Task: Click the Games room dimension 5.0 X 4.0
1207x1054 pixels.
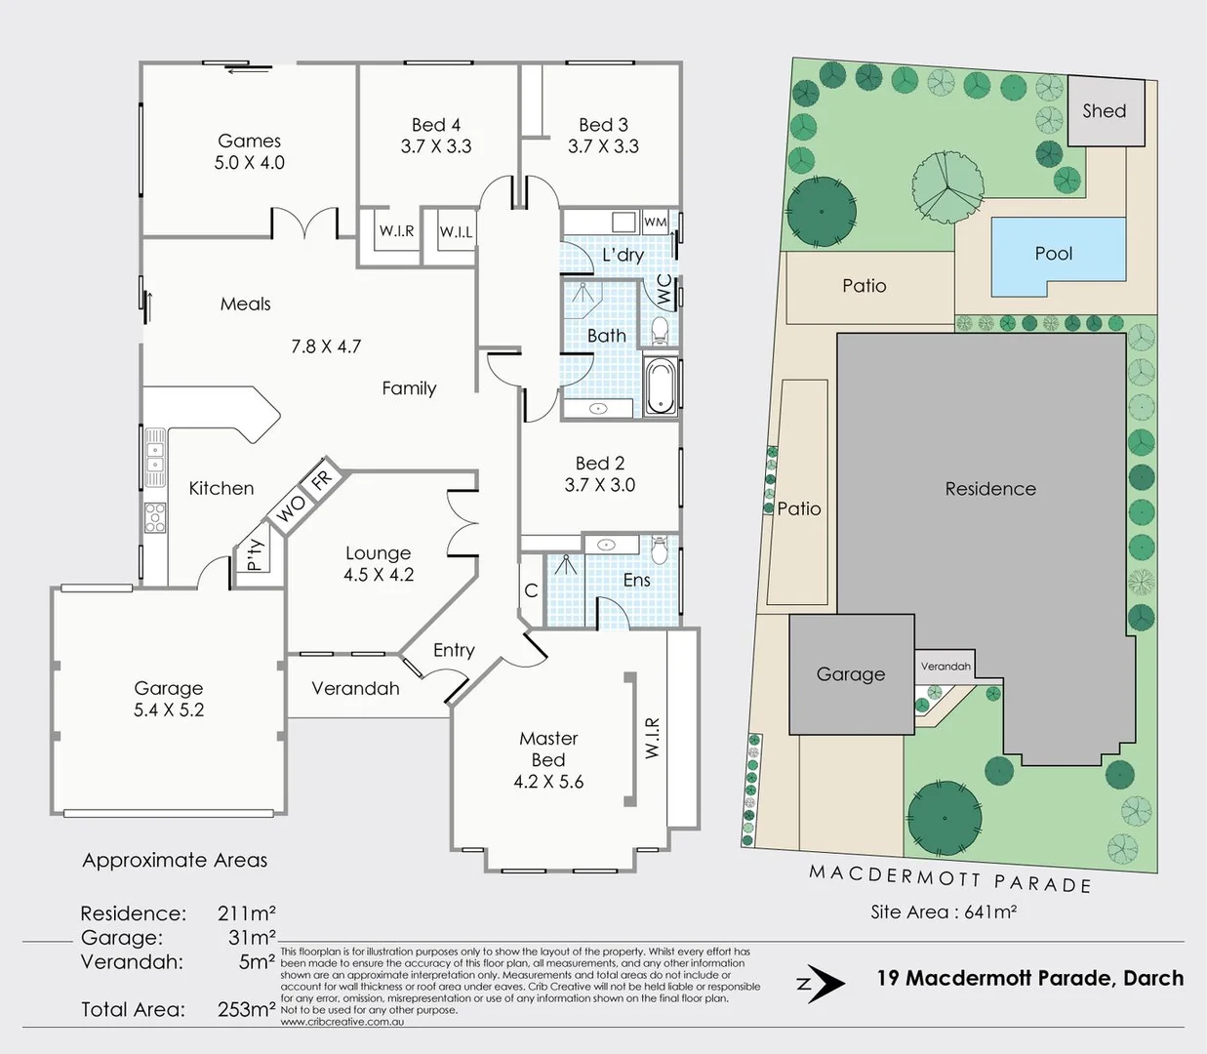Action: pos(249,163)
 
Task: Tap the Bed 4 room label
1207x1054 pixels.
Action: pos(435,125)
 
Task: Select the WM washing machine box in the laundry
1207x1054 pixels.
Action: pos(656,223)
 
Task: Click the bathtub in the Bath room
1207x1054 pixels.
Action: pos(662,387)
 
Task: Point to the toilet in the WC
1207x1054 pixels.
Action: pos(659,330)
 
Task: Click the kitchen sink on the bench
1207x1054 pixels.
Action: pos(154,456)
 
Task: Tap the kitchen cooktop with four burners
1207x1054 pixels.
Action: pos(154,516)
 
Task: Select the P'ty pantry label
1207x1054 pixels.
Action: pos(255,554)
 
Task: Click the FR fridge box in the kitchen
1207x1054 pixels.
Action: pos(321,480)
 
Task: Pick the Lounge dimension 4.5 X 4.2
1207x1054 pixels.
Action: pos(379,575)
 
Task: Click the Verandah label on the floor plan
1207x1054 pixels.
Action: pos(355,688)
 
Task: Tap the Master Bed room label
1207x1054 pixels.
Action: pos(548,749)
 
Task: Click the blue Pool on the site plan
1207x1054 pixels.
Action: pos(1054,254)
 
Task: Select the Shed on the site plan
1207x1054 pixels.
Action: pos(1105,111)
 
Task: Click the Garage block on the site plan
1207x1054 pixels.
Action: pos(850,674)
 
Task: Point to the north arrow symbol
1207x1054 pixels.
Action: pos(823,984)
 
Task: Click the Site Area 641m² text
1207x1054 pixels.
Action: pos(944,912)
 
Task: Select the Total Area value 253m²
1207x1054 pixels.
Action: pos(246,1009)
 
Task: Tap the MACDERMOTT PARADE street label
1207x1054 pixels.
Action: pos(949,878)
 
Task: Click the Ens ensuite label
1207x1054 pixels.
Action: pos(636,581)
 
